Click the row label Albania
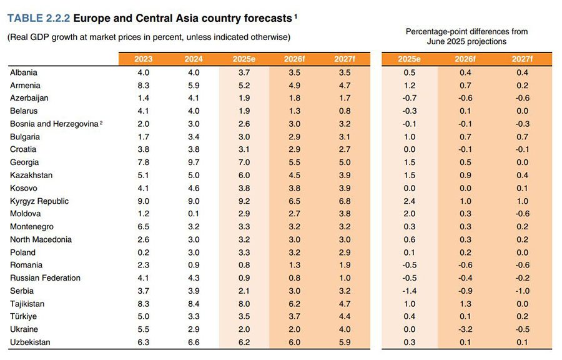point(24,72)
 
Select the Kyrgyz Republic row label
point(39,201)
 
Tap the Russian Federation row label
point(46,278)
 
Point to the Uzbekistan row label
point(30,342)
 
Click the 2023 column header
point(143,59)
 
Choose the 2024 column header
point(194,59)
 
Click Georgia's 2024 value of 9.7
point(194,162)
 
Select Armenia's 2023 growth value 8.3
point(143,86)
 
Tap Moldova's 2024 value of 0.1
point(194,214)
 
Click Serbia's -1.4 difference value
point(408,291)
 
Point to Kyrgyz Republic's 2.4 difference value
point(410,201)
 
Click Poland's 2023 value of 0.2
point(143,252)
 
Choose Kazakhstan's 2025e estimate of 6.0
point(244,176)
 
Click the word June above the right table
point(438,41)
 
